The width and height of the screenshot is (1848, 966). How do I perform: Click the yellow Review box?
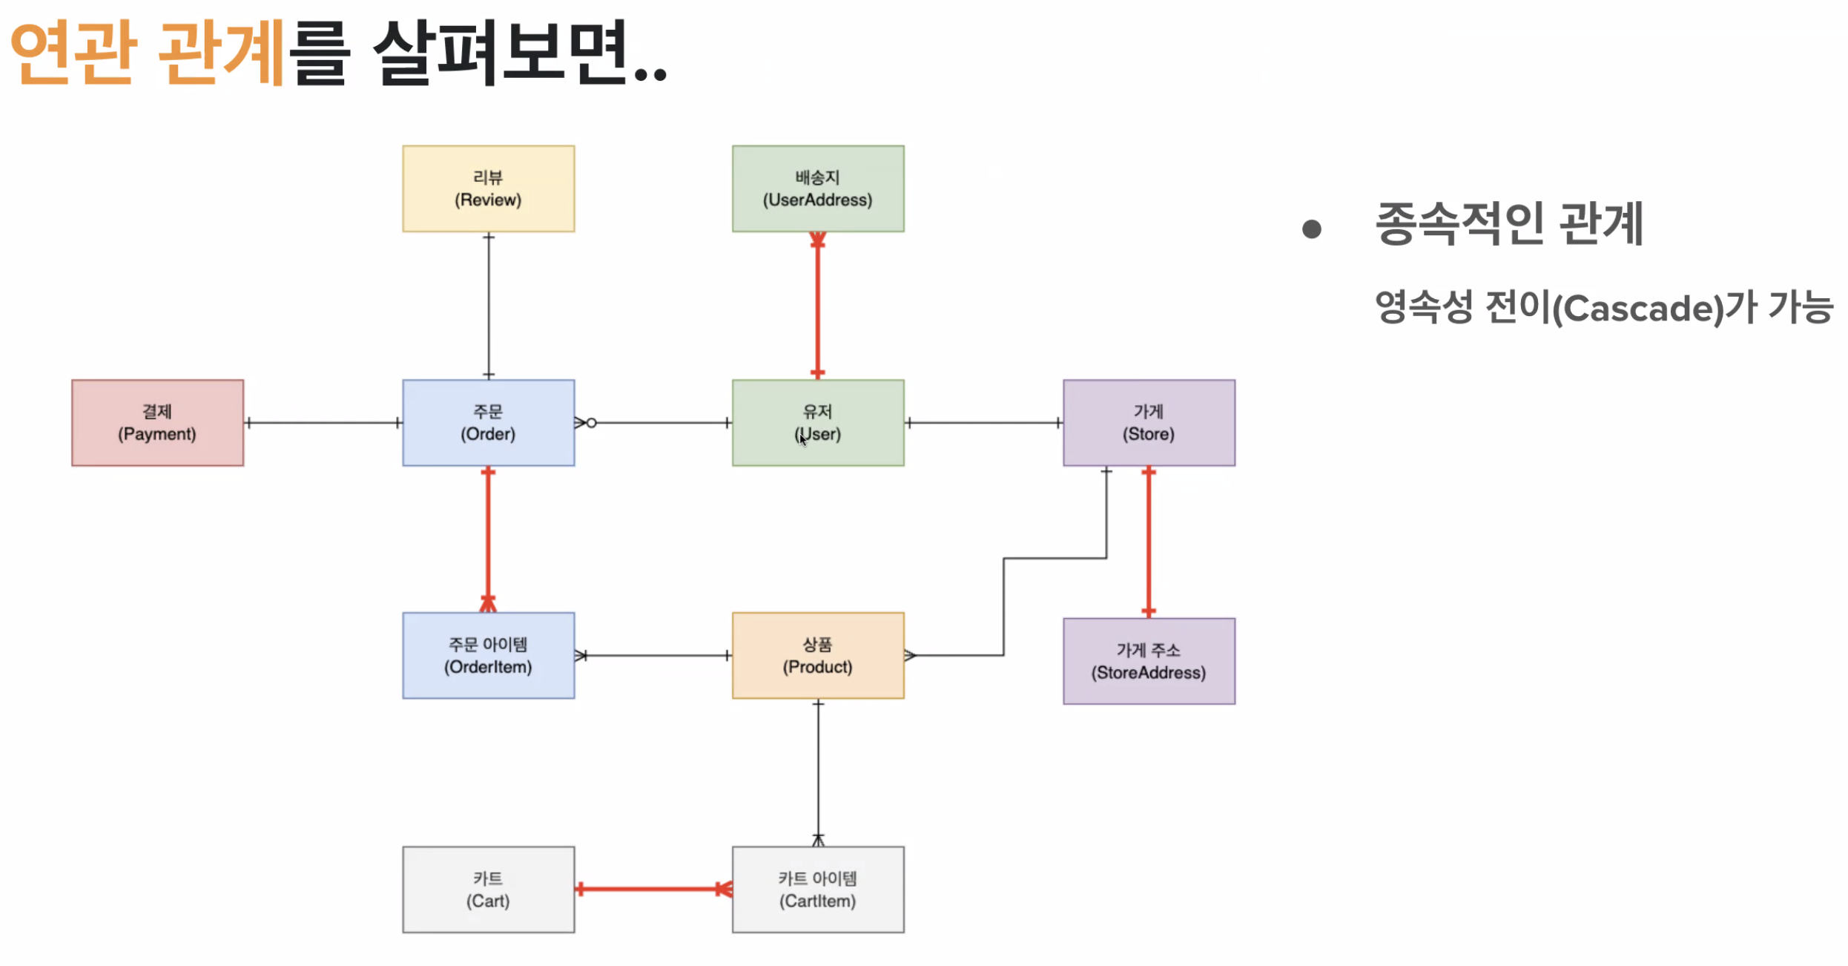(x=488, y=188)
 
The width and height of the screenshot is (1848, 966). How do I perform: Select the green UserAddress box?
(x=817, y=188)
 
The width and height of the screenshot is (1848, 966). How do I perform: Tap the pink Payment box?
(x=157, y=423)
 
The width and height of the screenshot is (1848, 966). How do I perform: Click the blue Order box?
(x=488, y=423)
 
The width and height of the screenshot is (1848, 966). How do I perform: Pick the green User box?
(x=817, y=423)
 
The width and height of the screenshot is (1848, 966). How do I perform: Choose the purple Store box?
(x=1148, y=423)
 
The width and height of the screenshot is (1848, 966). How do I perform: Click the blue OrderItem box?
(x=488, y=655)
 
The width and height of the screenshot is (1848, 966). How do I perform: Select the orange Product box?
(x=817, y=655)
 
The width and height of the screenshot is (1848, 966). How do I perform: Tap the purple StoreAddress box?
(x=1148, y=661)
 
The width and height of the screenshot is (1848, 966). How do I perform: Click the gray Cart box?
(x=488, y=889)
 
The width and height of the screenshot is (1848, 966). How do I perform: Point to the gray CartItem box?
(x=817, y=889)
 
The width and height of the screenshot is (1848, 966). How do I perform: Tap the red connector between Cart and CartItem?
(x=653, y=889)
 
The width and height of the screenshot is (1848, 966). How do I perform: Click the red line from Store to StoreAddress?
(x=1148, y=542)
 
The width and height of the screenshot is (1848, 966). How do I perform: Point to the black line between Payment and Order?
(x=323, y=423)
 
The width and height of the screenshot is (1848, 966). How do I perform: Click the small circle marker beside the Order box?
(x=591, y=423)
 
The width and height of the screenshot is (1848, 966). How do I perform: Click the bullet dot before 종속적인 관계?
(x=1311, y=229)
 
